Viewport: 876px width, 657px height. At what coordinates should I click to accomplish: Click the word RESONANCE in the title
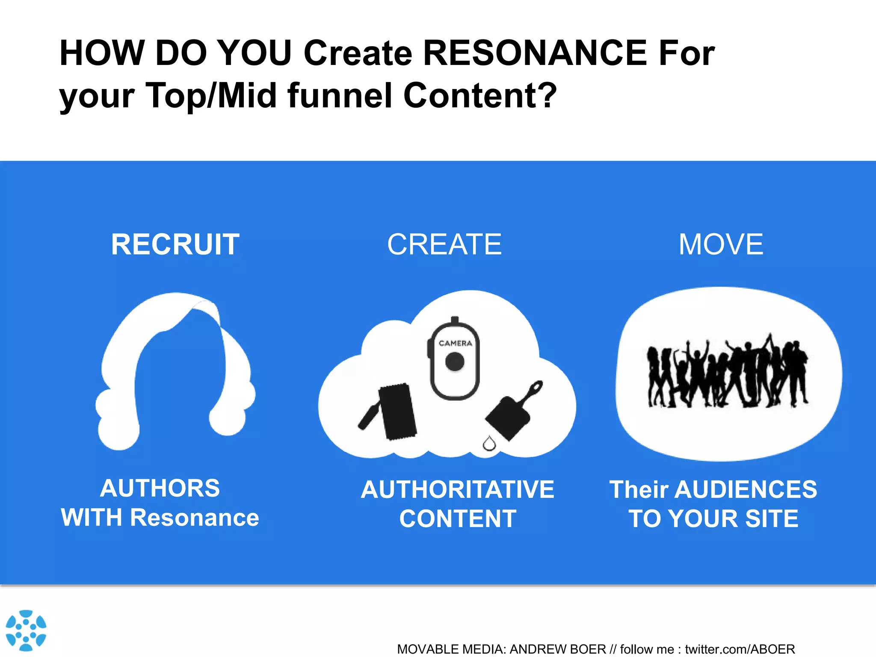pos(535,53)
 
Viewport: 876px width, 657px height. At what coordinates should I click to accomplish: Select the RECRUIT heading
pos(175,244)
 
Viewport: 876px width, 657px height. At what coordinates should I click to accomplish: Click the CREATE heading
pos(444,244)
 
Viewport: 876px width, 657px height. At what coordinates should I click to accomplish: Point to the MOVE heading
pos(721,244)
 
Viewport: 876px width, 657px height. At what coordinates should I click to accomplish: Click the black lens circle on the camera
pos(455,362)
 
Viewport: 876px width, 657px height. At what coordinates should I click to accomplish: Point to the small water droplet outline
pos(489,444)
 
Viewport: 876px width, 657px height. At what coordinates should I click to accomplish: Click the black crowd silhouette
pos(727,372)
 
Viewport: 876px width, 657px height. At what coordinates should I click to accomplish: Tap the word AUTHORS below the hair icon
pos(160,488)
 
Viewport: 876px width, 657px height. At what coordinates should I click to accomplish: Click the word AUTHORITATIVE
pos(457,489)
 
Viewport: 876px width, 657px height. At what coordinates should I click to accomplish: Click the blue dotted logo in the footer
pos(26,630)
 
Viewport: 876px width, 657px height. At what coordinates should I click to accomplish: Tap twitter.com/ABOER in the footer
pos(740,649)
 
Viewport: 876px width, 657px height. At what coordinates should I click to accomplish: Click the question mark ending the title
pos(547,95)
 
